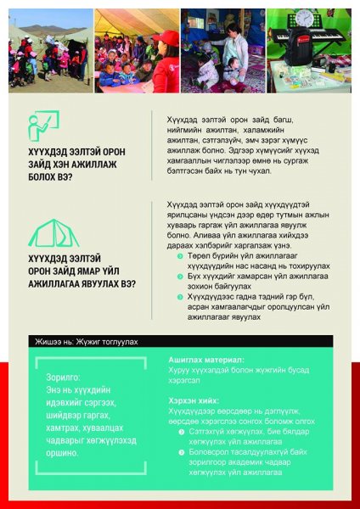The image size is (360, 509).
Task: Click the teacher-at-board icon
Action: point(43,126)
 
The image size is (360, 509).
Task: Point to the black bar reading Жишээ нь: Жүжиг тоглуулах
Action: point(86,342)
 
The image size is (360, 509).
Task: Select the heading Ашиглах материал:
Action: point(206,360)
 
